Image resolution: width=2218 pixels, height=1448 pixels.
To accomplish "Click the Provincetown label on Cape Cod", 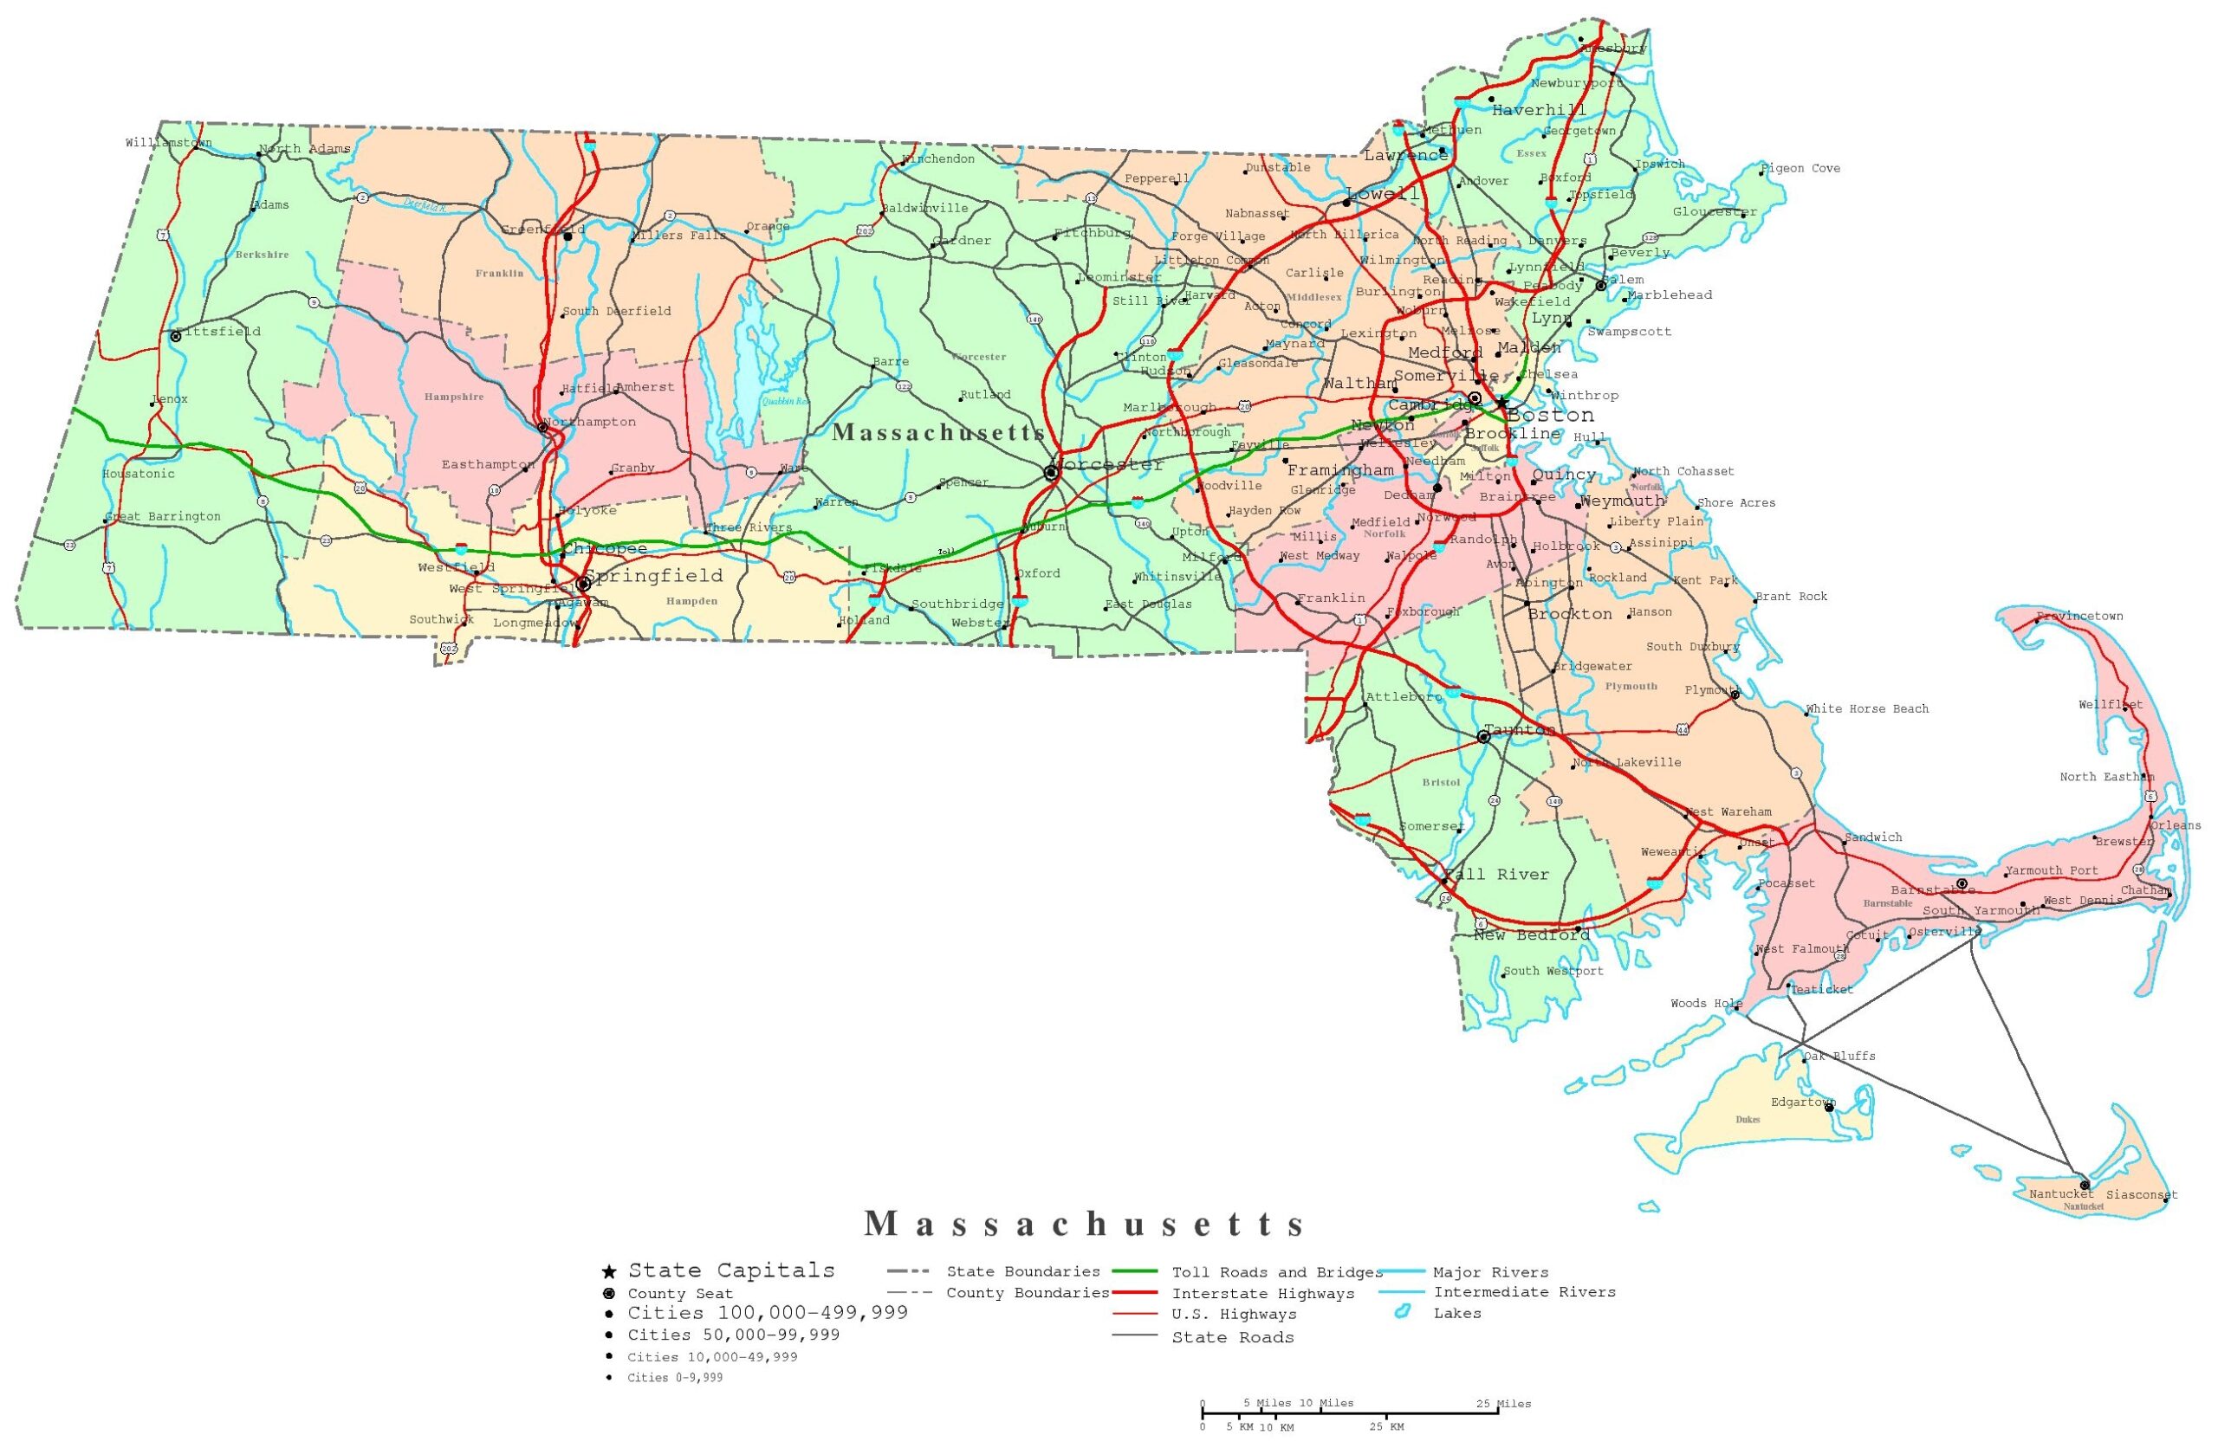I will [2079, 617].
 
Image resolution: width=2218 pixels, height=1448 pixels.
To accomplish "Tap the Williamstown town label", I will [169, 144].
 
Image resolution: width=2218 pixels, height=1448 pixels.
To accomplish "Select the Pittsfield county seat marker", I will [175, 336].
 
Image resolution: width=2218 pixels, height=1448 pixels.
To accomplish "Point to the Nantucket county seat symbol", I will [2085, 1186].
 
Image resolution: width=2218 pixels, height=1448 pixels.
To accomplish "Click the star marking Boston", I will [1501, 404].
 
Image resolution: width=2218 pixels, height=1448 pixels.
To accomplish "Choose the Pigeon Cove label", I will [1800, 169].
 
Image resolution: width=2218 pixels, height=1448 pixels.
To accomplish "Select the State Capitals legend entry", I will [730, 1270].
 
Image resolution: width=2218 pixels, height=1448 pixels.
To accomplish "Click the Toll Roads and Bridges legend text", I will [1277, 1272].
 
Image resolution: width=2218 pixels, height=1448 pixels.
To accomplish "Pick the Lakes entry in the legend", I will [1456, 1313].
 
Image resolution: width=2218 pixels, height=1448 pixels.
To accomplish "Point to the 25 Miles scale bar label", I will [1503, 1403].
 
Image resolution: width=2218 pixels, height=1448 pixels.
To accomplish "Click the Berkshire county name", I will [262, 255].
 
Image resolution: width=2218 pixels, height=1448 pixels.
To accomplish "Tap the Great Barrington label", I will [163, 516].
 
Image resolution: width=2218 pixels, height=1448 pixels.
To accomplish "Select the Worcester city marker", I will [1051, 474].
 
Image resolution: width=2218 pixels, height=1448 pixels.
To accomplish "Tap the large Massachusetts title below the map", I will [1086, 1224].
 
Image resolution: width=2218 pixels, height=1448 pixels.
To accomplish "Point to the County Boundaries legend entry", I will [1027, 1292].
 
